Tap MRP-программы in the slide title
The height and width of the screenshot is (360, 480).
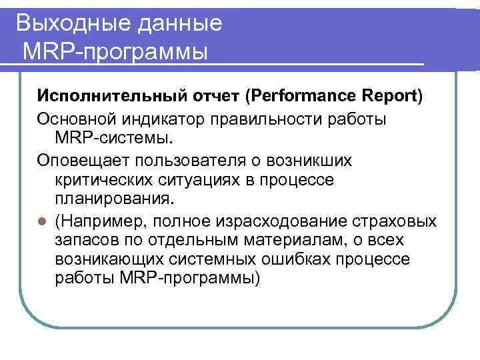pos(115,51)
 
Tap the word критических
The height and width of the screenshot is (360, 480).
pos(101,181)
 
